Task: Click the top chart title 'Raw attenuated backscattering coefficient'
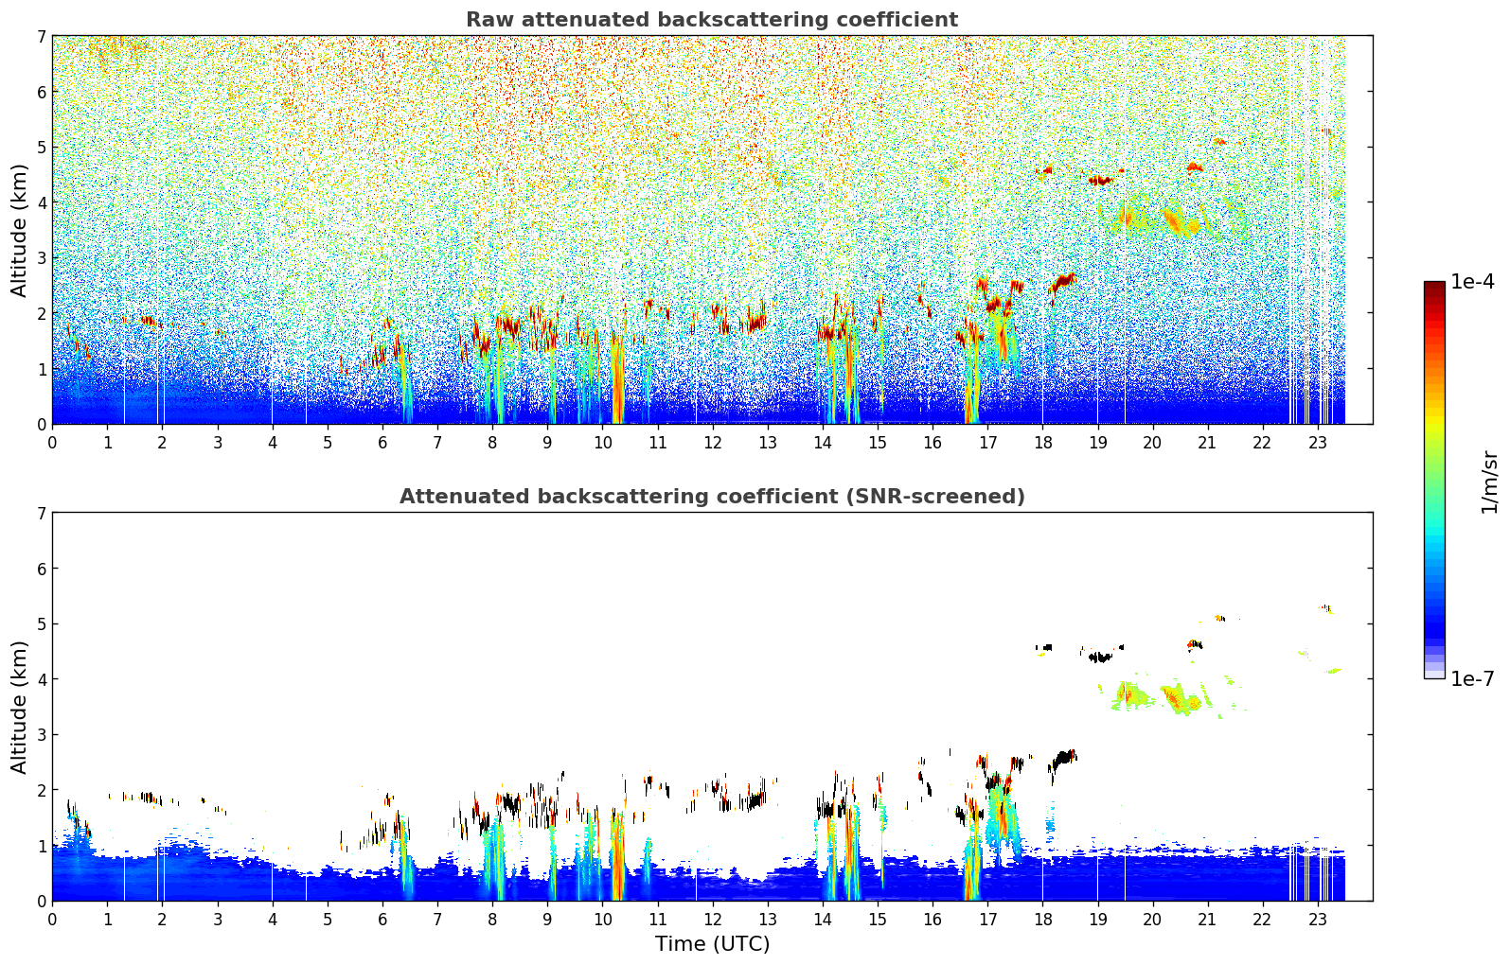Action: [x=711, y=20]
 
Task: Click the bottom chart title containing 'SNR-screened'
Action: [x=711, y=497]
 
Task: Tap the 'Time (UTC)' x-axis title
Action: [x=712, y=944]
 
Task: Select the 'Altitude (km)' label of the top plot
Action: [x=19, y=230]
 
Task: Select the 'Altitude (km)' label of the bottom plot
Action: [x=19, y=707]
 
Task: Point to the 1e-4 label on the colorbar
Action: [x=1472, y=282]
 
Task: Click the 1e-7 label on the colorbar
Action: [x=1472, y=679]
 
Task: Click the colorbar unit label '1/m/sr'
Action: [x=1489, y=482]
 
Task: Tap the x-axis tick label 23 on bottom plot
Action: [x=1317, y=920]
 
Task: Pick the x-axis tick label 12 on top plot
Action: [x=712, y=443]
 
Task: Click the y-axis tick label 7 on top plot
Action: [x=42, y=37]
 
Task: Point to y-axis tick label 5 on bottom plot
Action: [x=42, y=624]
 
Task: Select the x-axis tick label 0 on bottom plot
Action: [x=52, y=920]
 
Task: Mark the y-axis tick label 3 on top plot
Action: [x=42, y=258]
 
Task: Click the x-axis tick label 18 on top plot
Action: [x=1042, y=443]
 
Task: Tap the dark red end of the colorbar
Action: [x=1434, y=286]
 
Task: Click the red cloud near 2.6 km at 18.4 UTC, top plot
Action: [x=1064, y=281]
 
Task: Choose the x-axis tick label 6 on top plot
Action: [x=382, y=443]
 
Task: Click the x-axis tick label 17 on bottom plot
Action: [x=987, y=920]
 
